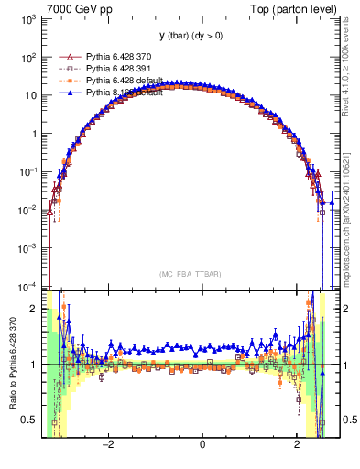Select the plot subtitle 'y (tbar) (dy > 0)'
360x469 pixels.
click(191, 36)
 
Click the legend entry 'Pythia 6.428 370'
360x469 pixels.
click(121, 57)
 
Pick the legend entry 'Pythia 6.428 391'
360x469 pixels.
click(121, 69)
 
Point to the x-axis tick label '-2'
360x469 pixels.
click(108, 445)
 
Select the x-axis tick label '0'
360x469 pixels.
click(202, 445)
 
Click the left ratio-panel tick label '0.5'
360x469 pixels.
click(29, 420)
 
